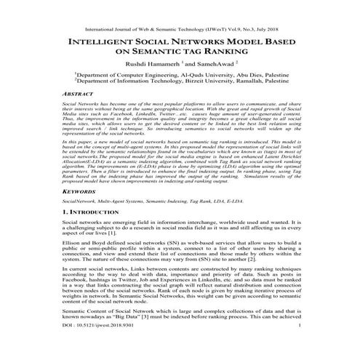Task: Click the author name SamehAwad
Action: click(214, 66)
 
